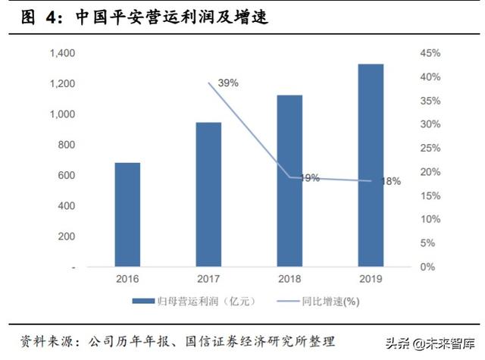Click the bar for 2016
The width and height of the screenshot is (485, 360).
tap(127, 214)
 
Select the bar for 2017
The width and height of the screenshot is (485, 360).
tap(208, 195)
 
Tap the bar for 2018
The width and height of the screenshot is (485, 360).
tap(289, 181)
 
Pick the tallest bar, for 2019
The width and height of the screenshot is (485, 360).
tap(371, 165)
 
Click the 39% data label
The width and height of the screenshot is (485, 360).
tap(229, 83)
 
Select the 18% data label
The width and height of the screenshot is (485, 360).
tap(391, 181)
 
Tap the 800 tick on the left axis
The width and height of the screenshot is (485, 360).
tap(67, 145)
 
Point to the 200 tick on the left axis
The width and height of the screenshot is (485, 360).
tap(67, 236)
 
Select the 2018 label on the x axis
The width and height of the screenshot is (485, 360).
tap(289, 279)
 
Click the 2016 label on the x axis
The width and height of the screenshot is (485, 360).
tap(127, 279)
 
